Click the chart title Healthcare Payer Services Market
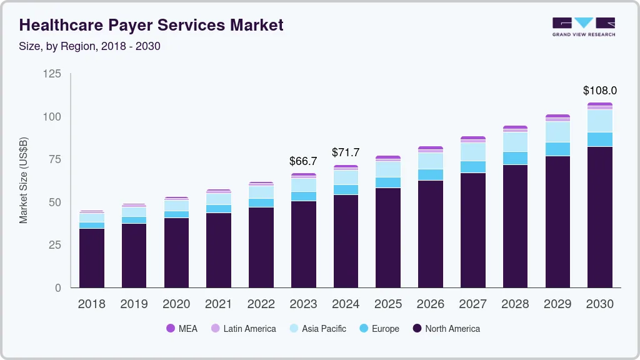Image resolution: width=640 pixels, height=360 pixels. (151, 25)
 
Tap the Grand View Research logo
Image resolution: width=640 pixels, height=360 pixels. (583, 27)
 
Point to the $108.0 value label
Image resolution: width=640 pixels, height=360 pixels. (599, 91)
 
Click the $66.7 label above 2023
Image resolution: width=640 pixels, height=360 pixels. (303, 161)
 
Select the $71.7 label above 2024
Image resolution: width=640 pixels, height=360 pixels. (346, 152)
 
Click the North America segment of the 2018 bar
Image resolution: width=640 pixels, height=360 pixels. (91, 257)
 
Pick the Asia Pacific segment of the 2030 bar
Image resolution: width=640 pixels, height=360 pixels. (599, 121)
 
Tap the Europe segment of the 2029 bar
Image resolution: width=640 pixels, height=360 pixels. (557, 149)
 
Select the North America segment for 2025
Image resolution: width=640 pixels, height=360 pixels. (388, 237)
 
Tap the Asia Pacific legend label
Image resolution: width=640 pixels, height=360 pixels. (324, 328)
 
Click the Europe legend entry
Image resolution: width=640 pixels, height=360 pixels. (385, 328)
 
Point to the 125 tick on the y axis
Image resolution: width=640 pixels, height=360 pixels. (52, 74)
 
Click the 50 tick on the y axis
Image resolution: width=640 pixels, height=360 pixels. (55, 202)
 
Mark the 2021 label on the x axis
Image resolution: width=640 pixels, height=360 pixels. (218, 304)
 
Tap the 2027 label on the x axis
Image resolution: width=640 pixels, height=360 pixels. (472, 304)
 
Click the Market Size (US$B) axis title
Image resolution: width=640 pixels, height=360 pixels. (23, 181)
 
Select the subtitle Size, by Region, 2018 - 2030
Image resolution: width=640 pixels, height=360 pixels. (90, 46)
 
